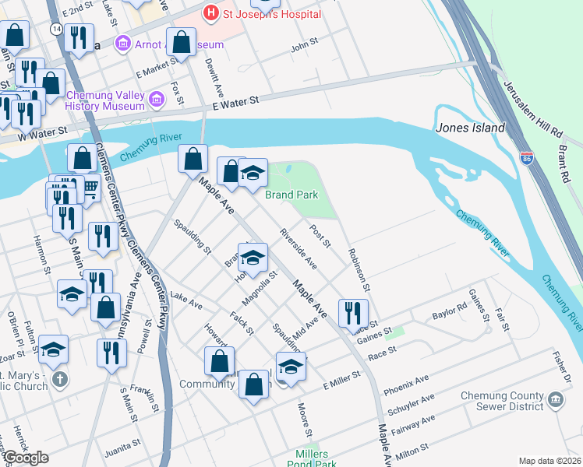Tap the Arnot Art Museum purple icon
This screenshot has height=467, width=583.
(x=123, y=44)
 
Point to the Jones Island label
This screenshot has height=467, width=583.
(x=470, y=128)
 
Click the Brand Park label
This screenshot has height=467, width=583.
(x=291, y=195)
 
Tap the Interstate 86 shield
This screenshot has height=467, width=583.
(x=527, y=159)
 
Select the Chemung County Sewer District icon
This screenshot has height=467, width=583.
(x=556, y=401)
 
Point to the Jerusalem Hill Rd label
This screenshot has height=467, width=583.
(x=532, y=108)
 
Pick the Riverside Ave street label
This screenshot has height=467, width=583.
(x=299, y=249)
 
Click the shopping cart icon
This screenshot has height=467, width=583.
(x=90, y=187)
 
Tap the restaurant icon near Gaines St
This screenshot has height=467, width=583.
(x=353, y=312)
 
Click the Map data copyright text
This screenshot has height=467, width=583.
(x=549, y=461)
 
